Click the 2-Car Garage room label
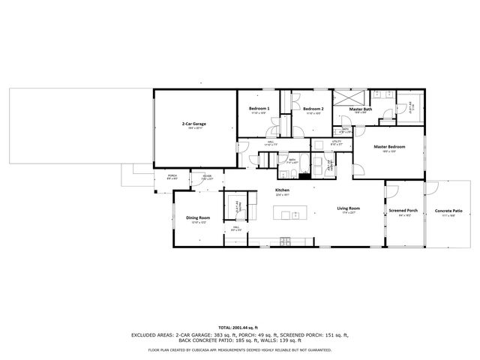pyautogui.click(x=193, y=123)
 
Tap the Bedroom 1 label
pyautogui.click(x=259, y=109)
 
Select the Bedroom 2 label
pyautogui.click(x=313, y=109)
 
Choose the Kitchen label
pyautogui.click(x=282, y=190)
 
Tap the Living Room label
pyautogui.click(x=348, y=208)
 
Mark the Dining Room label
pyautogui.click(x=197, y=217)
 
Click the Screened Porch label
pyautogui.click(x=403, y=211)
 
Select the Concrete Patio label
pyautogui.click(x=448, y=211)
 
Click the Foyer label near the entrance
pyautogui.click(x=207, y=176)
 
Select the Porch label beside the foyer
pyautogui.click(x=171, y=176)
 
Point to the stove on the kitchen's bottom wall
pyautogui.click(x=285, y=241)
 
